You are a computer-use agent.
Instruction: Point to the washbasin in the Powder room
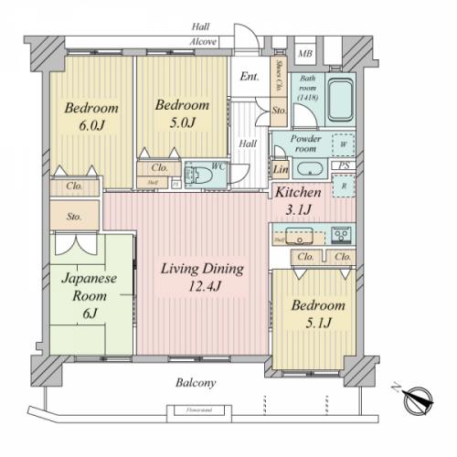click(308, 169)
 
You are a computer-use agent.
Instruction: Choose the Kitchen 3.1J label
click(298, 201)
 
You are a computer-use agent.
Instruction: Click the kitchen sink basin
click(299, 236)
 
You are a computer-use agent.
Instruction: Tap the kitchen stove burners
click(343, 236)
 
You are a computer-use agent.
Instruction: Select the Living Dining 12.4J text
click(202, 276)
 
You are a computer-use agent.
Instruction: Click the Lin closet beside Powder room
click(280, 170)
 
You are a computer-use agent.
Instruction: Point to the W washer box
click(342, 144)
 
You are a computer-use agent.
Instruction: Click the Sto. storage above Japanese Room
click(73, 217)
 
